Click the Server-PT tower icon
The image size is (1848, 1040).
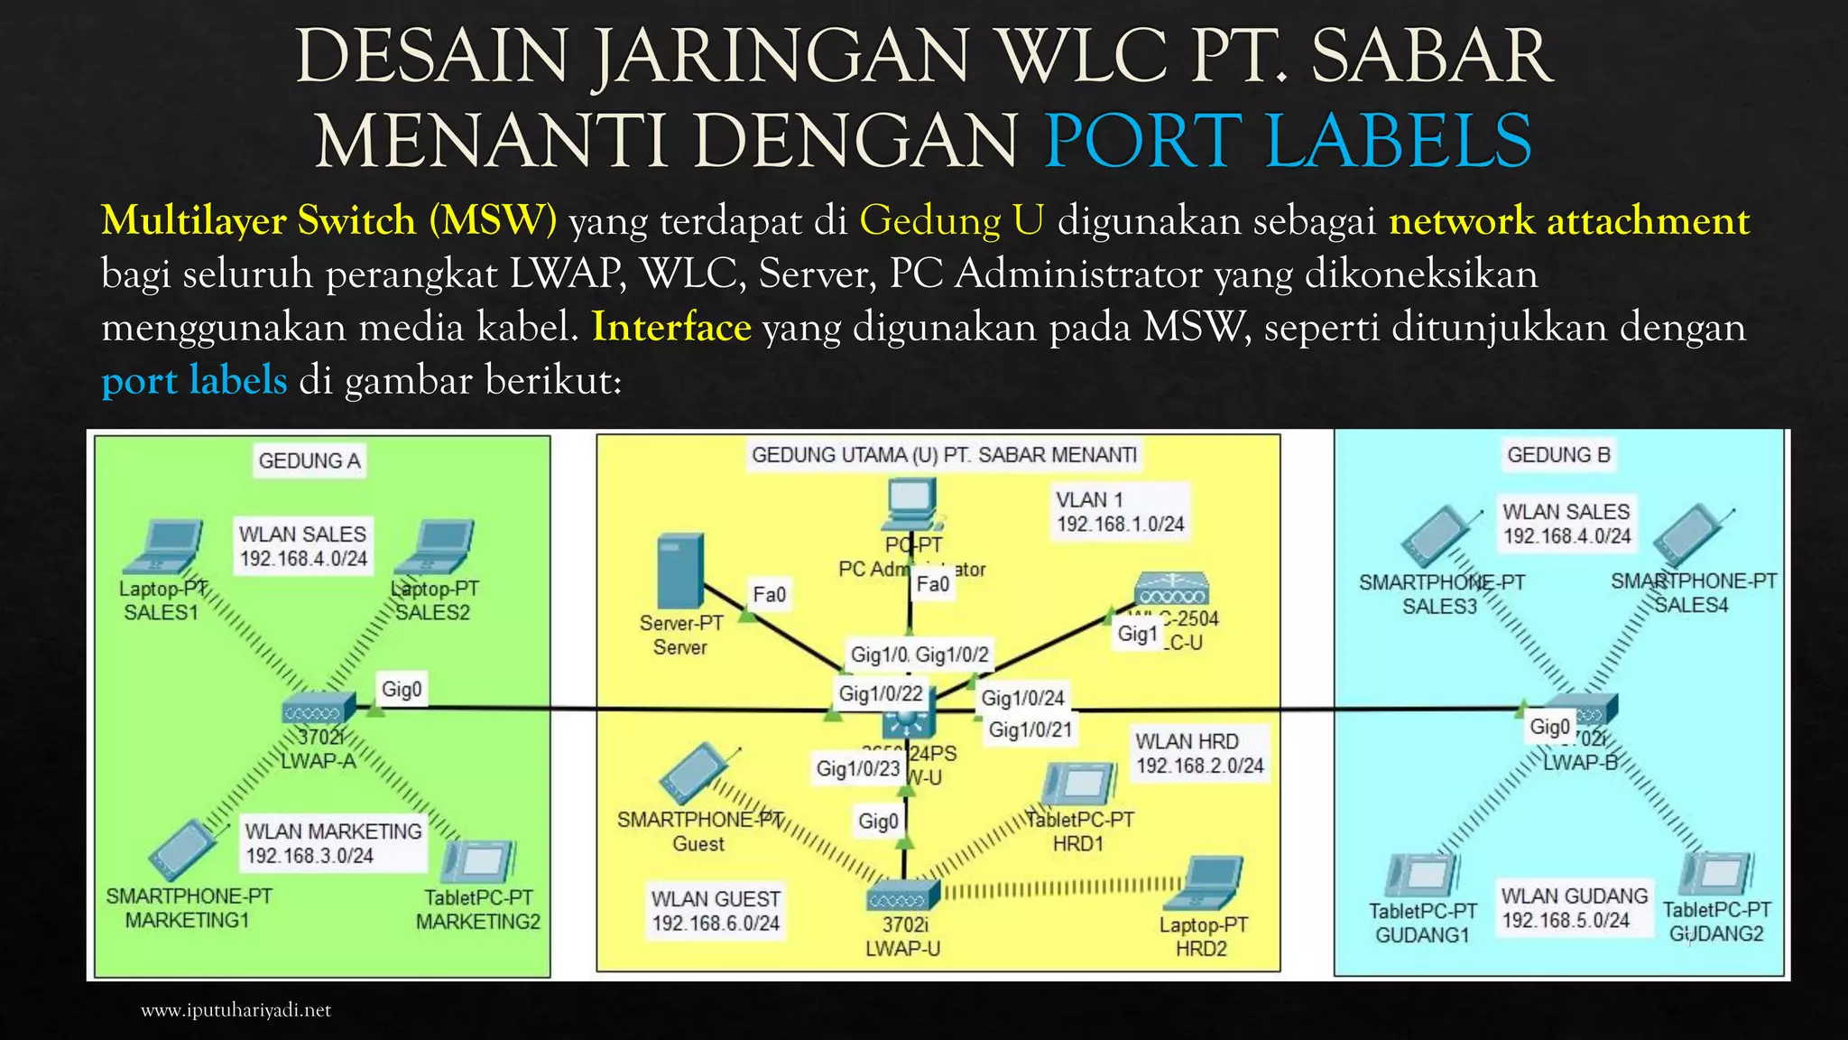click(679, 571)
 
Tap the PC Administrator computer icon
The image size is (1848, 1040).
click(912, 504)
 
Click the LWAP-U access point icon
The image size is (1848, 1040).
click(903, 896)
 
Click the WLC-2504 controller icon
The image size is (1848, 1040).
click(1171, 590)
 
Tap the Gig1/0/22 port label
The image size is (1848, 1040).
click(881, 693)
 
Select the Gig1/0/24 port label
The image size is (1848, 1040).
click(1022, 697)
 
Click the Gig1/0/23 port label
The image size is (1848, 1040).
click(858, 768)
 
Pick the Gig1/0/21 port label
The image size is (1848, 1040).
click(1030, 729)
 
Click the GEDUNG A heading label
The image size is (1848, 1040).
click(310, 460)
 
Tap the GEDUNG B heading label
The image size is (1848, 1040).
click(1558, 454)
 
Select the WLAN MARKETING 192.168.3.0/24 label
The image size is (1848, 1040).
click(333, 843)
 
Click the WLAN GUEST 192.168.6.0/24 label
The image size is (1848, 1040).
click(716, 911)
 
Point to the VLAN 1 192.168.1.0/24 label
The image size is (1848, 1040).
click(1120, 512)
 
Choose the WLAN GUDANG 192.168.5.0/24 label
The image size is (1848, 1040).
click(1574, 907)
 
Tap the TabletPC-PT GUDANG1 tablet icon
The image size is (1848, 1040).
click(1423, 875)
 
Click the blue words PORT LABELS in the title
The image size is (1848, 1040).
click(1288, 140)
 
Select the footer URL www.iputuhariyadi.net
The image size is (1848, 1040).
click(236, 1010)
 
